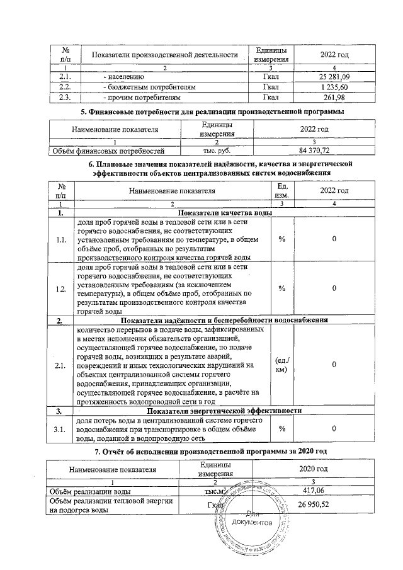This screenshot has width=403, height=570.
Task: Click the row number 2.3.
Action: [x=63, y=98]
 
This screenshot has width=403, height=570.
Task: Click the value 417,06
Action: [x=313, y=491]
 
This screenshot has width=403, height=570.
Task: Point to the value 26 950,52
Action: [x=313, y=504]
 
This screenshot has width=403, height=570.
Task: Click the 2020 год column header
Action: [x=313, y=469]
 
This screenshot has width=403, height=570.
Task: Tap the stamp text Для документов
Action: [x=253, y=519]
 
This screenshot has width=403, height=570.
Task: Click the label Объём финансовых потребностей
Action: [x=109, y=151]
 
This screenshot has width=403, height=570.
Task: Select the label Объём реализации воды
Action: [x=91, y=491]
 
